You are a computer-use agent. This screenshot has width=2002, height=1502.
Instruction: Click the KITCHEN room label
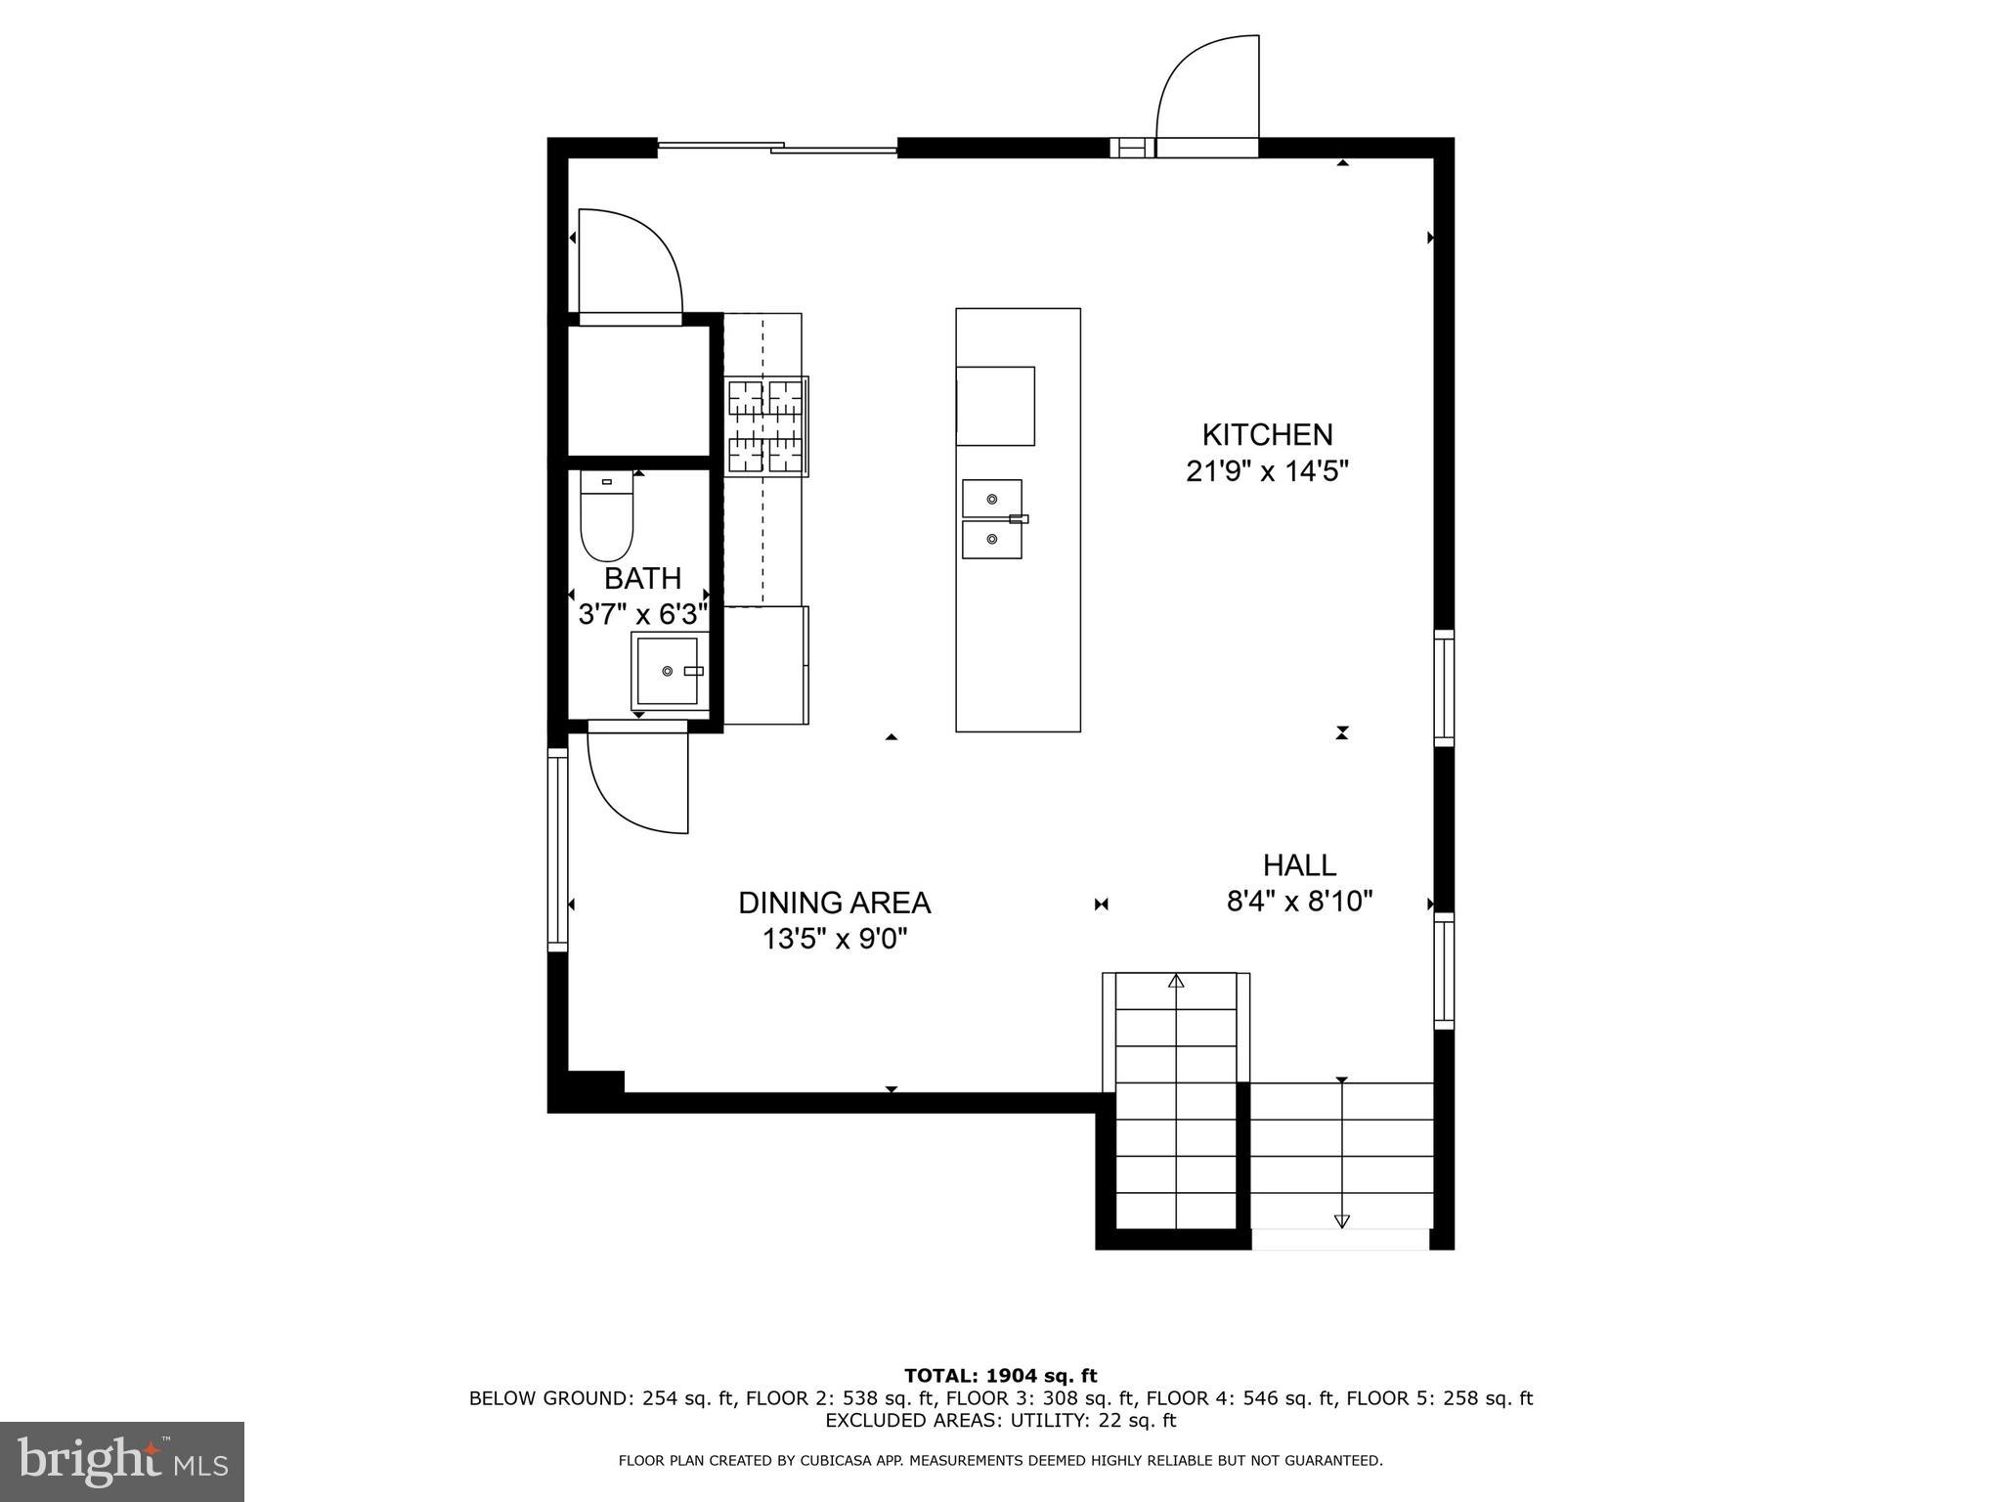pyautogui.click(x=1267, y=434)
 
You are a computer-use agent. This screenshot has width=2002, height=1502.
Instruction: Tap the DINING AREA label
pyautogui.click(x=834, y=903)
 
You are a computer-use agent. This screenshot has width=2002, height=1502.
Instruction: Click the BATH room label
pyautogui.click(x=642, y=579)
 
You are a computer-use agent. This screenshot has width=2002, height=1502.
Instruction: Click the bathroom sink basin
pyautogui.click(x=670, y=670)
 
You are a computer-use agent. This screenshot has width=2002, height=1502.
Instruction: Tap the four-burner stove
pyautogui.click(x=765, y=427)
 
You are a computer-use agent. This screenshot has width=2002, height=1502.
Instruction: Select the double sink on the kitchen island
pyautogui.click(x=992, y=519)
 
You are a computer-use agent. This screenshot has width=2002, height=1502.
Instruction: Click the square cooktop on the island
pyautogui.click(x=995, y=406)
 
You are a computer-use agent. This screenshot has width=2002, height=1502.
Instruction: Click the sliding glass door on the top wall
pyautogui.click(x=777, y=148)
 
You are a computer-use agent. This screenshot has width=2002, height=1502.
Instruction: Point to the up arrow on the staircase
pyautogui.click(x=1176, y=980)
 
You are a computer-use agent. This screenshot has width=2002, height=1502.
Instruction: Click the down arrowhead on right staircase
pyautogui.click(x=1341, y=1220)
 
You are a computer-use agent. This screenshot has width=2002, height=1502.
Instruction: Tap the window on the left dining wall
pyautogui.click(x=557, y=849)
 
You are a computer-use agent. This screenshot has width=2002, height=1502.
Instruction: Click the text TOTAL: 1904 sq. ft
pyautogui.click(x=1000, y=1377)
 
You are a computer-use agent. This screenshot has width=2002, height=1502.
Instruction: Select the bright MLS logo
pyautogui.click(x=122, y=1461)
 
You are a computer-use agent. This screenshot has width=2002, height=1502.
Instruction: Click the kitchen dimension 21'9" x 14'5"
pyautogui.click(x=1267, y=472)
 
